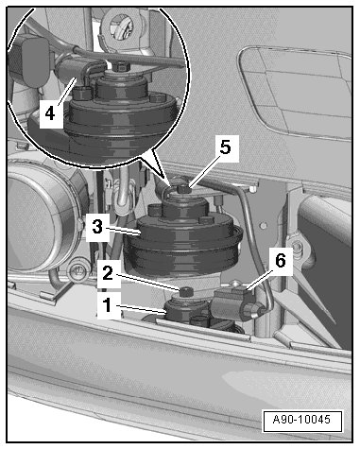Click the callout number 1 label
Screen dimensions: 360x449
(108, 305)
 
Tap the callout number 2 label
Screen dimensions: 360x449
(108, 273)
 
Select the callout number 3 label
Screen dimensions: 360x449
(97, 227)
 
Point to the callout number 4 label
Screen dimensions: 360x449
(51, 113)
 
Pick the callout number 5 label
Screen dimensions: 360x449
(226, 147)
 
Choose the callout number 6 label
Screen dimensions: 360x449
(281, 261)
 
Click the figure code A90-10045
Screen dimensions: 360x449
(301, 420)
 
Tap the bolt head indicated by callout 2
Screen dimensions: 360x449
(186, 291)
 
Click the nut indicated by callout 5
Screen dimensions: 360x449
(182, 189)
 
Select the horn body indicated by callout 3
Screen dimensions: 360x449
(183, 243)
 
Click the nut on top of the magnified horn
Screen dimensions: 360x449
(121, 67)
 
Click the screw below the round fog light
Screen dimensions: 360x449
(77, 271)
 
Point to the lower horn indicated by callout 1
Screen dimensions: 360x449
(181, 310)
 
